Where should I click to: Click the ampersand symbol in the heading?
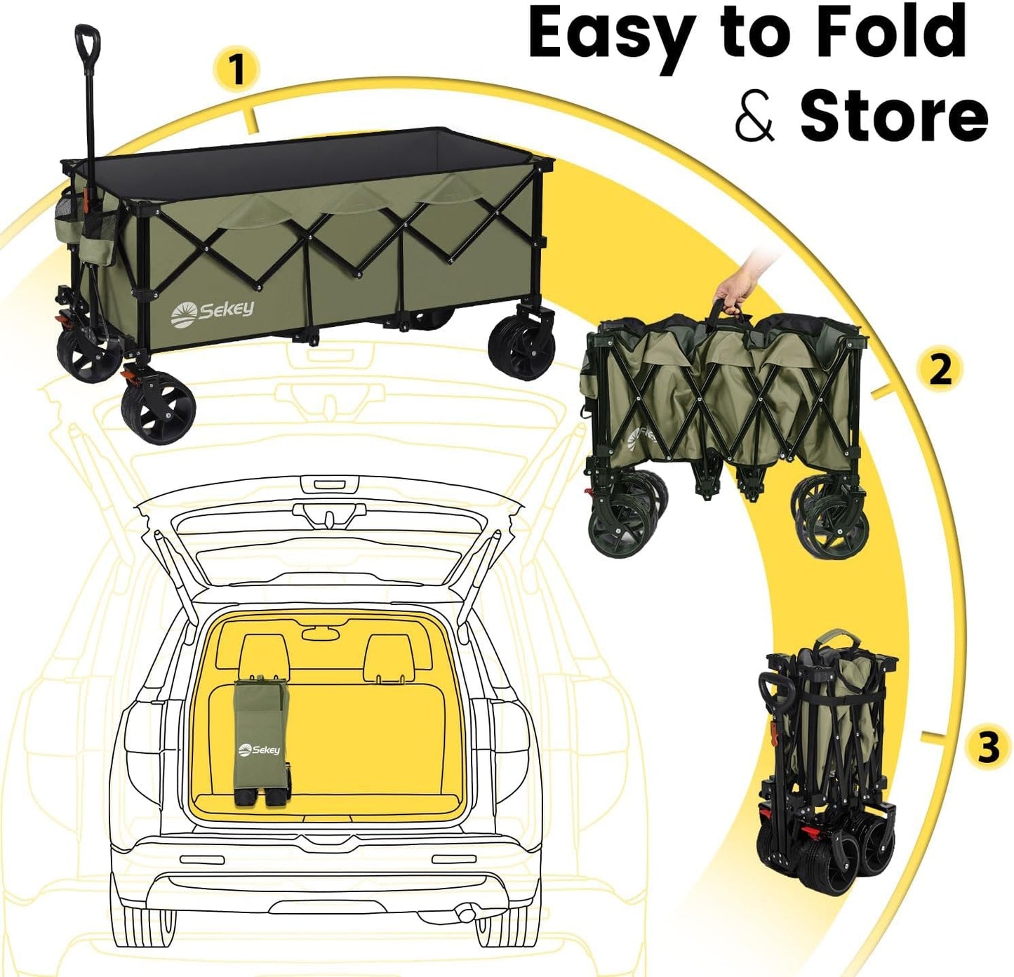tap(754, 116)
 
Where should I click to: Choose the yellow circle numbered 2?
tap(940, 369)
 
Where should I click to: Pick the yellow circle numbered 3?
tap(988, 747)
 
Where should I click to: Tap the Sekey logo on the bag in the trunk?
tap(260, 750)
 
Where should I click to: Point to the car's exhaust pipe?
tap(465, 913)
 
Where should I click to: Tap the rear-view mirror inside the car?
tap(321, 634)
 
